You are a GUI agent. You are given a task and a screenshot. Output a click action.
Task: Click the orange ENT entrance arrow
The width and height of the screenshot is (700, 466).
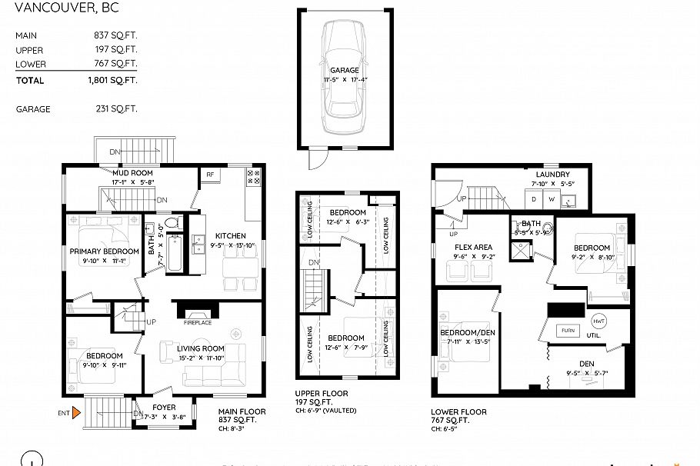pos(75,413)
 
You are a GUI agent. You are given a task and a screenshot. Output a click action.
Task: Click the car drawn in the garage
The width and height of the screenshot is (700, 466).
pos(345,76)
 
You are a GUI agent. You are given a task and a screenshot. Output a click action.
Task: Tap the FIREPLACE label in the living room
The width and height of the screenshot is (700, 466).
pos(197,323)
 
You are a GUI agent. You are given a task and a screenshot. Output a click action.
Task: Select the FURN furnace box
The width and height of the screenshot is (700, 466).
pos(569,330)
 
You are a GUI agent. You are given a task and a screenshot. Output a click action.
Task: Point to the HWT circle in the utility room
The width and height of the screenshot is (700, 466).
pos(598,320)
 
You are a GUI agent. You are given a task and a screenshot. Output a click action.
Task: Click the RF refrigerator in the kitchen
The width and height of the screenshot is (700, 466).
pos(209,175)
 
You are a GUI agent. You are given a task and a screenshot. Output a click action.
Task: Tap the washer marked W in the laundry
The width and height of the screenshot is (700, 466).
pos(552,199)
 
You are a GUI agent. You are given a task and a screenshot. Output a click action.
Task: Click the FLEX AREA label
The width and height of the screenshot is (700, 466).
pos(473,248)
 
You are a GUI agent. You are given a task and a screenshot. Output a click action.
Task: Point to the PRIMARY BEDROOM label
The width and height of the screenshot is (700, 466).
pos(104,251)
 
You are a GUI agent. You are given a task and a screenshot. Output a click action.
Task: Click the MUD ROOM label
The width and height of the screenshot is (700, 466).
pos(133,174)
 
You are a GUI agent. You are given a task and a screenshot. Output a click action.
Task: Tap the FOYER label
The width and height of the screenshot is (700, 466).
pos(163,408)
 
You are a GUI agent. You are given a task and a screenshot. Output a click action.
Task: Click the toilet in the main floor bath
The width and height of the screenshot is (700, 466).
pos(172,224)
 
